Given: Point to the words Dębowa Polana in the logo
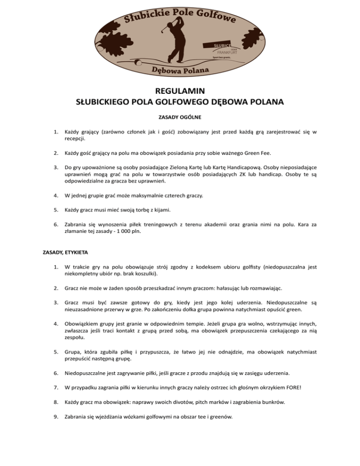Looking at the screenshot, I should click(x=180, y=71).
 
